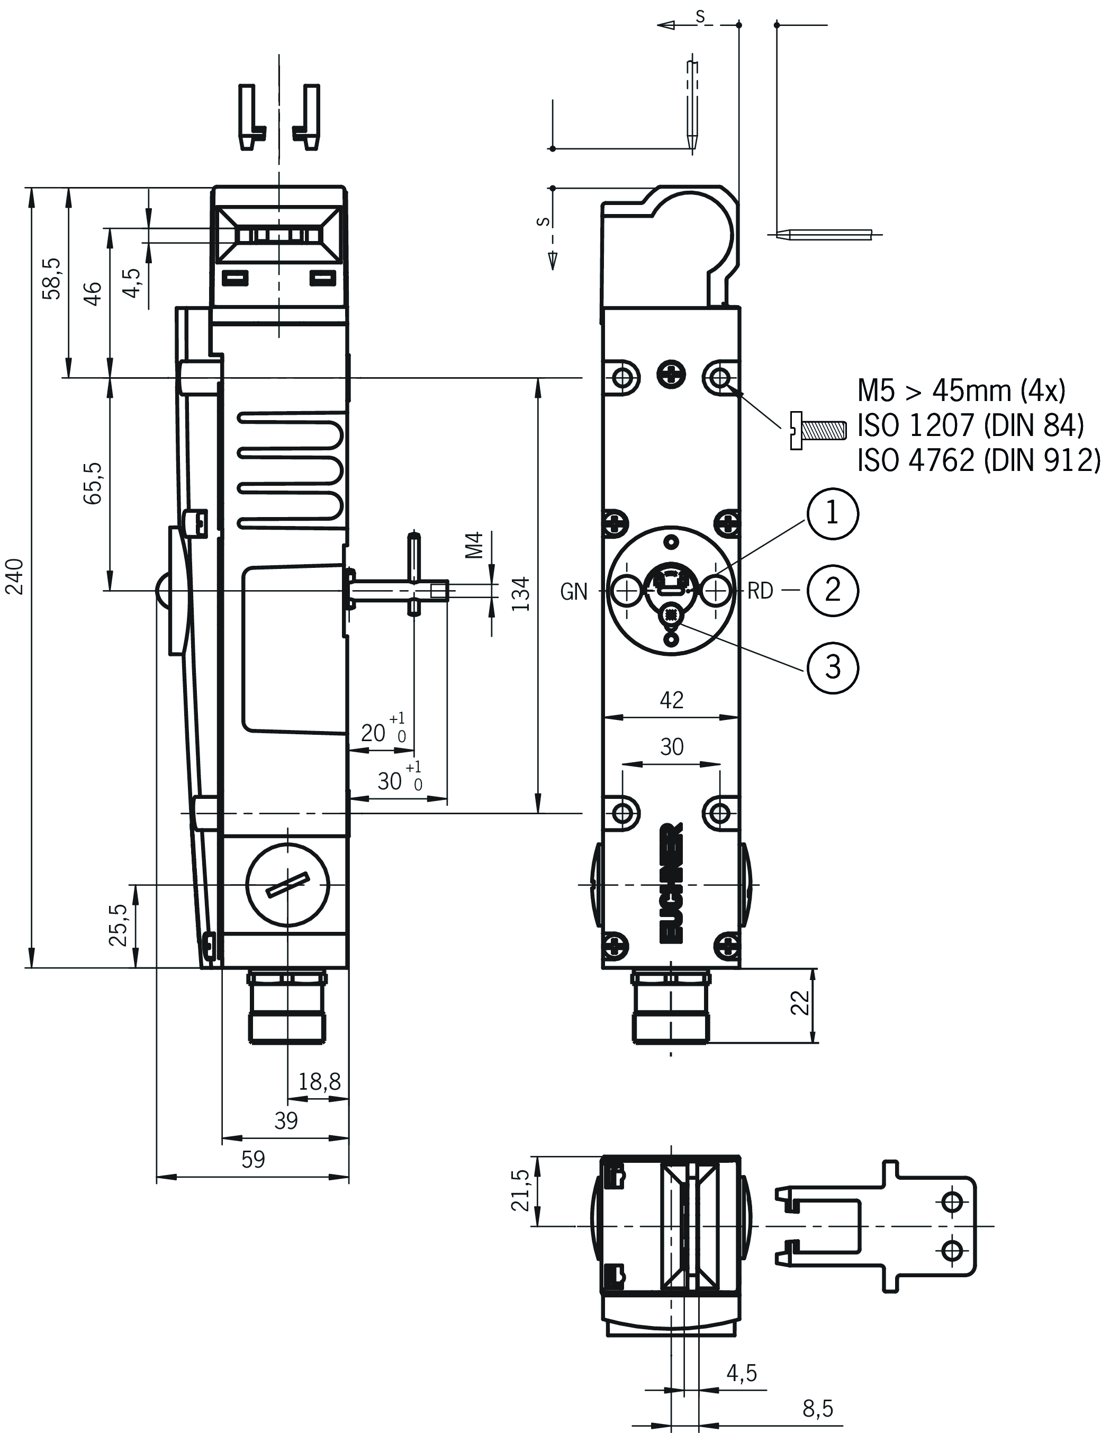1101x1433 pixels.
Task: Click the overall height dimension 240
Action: click(x=14, y=576)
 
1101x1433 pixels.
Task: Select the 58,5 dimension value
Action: click(x=52, y=278)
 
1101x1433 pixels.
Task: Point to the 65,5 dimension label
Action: click(x=93, y=483)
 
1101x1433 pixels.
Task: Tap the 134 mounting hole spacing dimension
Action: click(x=520, y=594)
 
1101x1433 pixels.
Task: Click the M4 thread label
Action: click(x=474, y=545)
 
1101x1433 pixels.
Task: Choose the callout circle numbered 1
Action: click(x=832, y=513)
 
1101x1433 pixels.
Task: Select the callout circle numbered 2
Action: click(x=832, y=590)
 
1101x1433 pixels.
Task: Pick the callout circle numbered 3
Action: click(x=832, y=667)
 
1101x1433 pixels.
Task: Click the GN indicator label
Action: click(x=574, y=592)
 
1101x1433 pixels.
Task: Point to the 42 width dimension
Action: click(x=672, y=700)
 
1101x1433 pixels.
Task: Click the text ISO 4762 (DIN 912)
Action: click(x=978, y=461)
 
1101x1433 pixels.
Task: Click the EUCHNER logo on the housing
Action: click(x=672, y=882)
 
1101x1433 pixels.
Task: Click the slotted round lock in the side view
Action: click(x=288, y=885)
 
